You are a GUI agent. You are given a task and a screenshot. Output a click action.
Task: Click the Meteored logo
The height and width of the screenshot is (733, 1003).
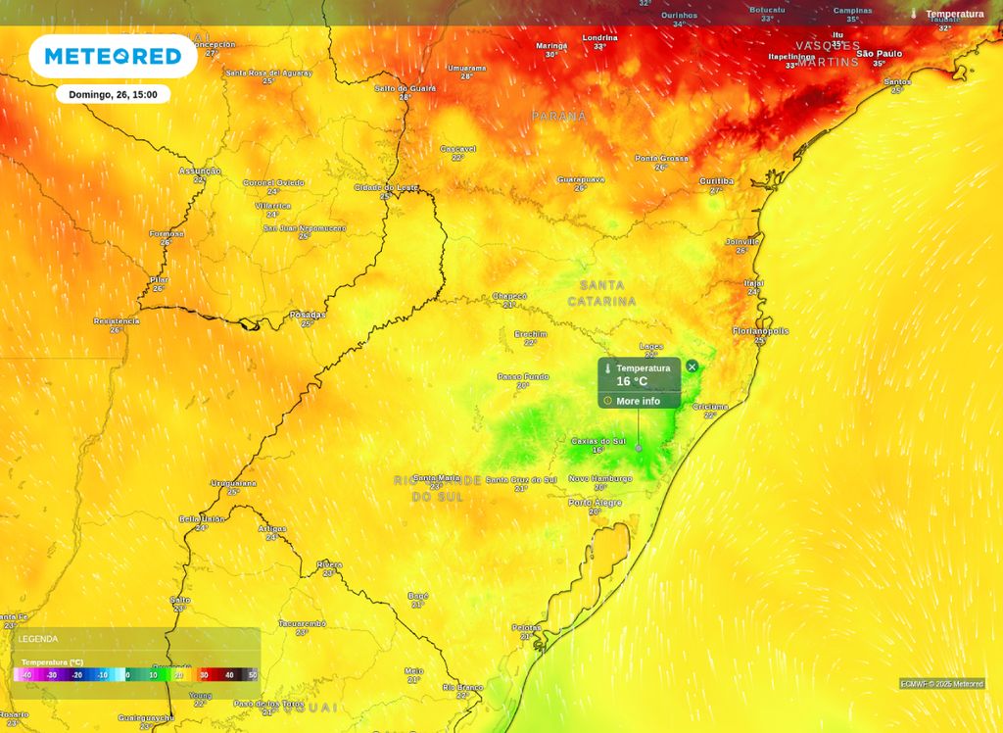coord(113,57)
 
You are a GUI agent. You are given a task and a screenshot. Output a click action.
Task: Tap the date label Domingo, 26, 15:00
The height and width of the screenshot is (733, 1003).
coord(113,95)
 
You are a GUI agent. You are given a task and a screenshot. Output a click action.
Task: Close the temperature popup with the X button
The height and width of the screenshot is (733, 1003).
coord(693,366)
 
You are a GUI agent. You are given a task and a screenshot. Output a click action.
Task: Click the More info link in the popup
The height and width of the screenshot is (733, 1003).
coord(638,401)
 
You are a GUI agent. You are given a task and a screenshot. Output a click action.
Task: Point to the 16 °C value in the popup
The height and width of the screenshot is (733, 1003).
coord(632,381)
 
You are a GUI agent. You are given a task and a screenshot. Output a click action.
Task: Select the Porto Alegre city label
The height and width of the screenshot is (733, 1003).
coord(595,503)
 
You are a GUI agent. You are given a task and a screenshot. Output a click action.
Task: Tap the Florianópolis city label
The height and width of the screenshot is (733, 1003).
coord(760,331)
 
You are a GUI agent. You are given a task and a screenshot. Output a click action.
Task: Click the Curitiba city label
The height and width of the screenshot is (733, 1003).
coord(716,181)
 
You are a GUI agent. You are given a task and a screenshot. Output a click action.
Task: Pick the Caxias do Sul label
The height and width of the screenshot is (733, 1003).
coord(598,441)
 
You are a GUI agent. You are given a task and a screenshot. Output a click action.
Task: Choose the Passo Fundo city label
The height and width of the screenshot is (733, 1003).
coord(523,376)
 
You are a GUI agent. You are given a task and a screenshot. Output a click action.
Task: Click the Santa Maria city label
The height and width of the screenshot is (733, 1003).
coord(436,477)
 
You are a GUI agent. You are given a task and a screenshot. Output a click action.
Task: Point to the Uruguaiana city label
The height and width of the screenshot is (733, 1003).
coord(233,483)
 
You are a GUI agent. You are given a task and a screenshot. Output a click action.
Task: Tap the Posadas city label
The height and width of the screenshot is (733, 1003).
coord(308,315)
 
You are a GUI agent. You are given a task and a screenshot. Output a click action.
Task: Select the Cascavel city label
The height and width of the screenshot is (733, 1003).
coord(457,149)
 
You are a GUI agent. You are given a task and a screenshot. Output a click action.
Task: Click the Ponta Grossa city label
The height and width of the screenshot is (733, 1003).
coord(661,158)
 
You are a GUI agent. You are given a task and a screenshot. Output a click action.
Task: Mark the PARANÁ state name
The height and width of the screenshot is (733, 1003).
coord(559,117)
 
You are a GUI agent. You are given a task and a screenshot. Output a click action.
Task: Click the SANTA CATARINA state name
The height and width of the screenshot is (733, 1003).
coord(601,292)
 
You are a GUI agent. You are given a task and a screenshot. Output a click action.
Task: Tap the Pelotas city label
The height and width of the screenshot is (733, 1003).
coord(526,627)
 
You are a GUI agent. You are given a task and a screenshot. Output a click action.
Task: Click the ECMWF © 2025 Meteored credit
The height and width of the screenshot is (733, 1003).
coord(942,684)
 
